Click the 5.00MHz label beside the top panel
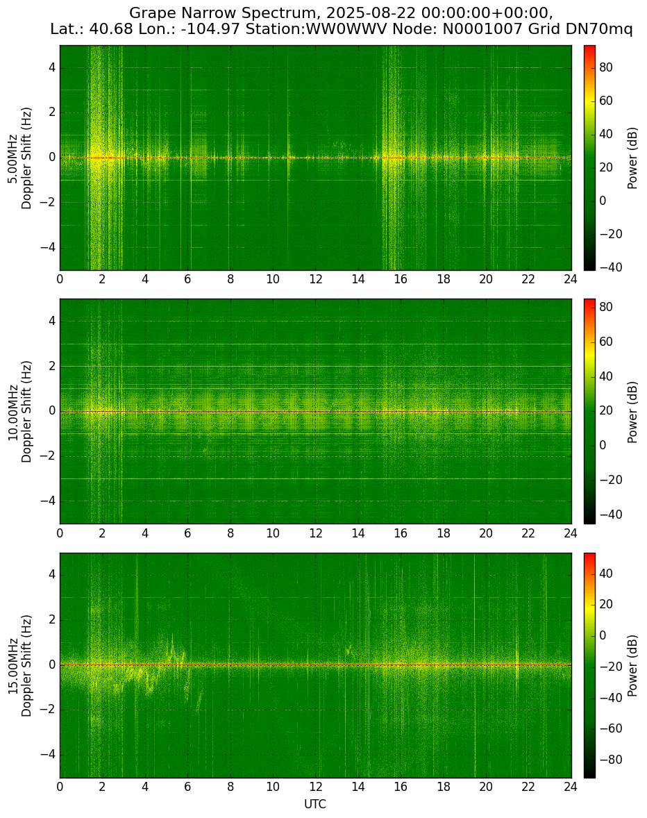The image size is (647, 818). (12, 158)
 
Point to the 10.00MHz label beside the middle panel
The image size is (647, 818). (12, 412)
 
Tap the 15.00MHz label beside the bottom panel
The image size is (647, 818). (12, 666)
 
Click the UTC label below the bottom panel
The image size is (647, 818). (315, 804)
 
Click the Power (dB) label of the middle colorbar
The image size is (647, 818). (632, 412)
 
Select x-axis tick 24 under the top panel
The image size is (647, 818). (571, 279)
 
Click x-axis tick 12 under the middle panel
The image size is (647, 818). (315, 533)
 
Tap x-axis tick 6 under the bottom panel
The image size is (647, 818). (187, 787)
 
